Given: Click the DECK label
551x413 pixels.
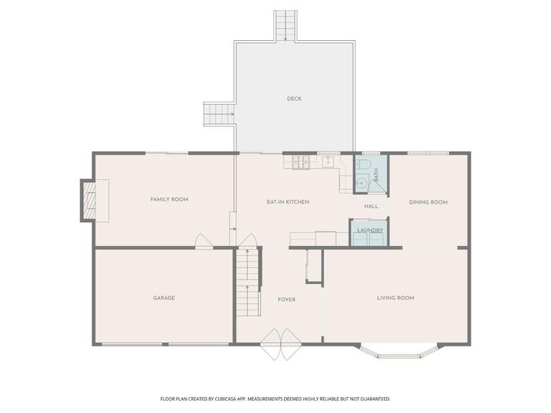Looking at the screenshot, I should point(294,99).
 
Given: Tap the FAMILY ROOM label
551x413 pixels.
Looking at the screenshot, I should point(169,199).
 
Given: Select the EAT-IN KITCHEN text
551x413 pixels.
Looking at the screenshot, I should point(288,202).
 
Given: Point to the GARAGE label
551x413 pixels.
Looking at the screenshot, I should point(164,298).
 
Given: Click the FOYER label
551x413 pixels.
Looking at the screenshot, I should point(287,299).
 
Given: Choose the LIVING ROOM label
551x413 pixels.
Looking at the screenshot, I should point(396,298).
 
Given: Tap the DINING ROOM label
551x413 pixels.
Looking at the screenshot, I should point(428,202).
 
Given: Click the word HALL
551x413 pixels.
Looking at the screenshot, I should point(371,206).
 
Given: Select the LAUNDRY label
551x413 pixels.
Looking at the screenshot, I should point(369,230).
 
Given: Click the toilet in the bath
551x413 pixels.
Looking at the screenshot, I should point(363,166).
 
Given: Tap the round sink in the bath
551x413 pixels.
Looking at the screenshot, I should point(362,184).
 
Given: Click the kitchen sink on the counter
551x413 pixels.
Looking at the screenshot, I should point(329,161).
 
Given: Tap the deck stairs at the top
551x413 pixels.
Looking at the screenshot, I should point(286,26).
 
